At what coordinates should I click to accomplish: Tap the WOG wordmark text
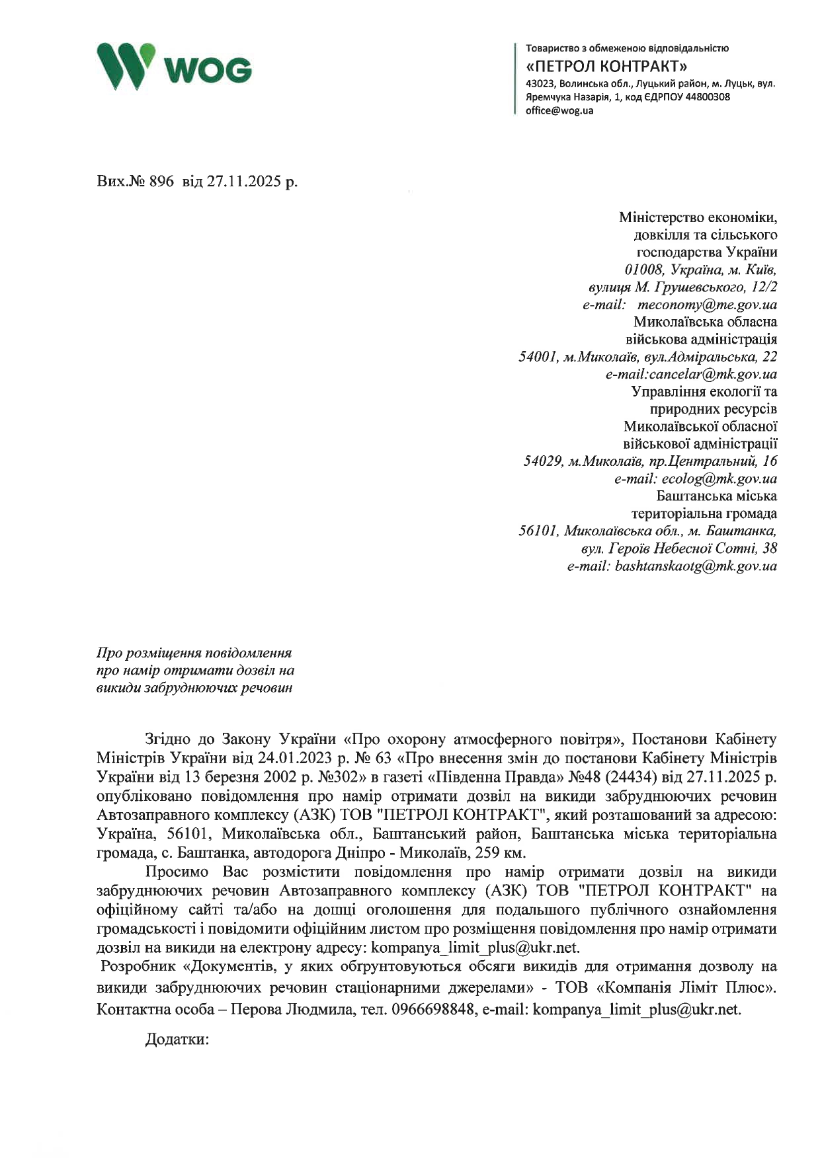point(207,70)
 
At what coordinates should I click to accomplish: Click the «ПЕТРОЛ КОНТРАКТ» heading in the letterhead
point(606,66)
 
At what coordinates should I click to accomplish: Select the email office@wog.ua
point(559,110)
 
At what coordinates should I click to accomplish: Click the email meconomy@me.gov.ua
point(707,305)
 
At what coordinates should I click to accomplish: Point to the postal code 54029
point(542,461)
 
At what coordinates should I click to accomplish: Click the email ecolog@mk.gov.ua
point(719,478)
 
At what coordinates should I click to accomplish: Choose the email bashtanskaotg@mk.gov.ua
point(696,566)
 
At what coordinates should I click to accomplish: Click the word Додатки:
point(177,1039)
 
